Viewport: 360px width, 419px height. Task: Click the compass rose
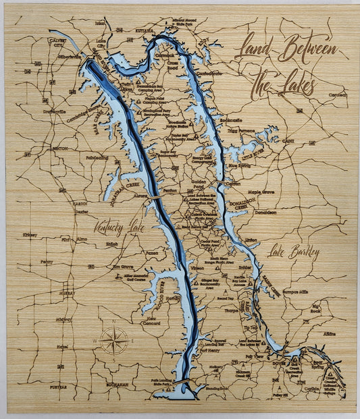point(113,339)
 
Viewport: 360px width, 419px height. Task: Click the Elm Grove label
point(122,266)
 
